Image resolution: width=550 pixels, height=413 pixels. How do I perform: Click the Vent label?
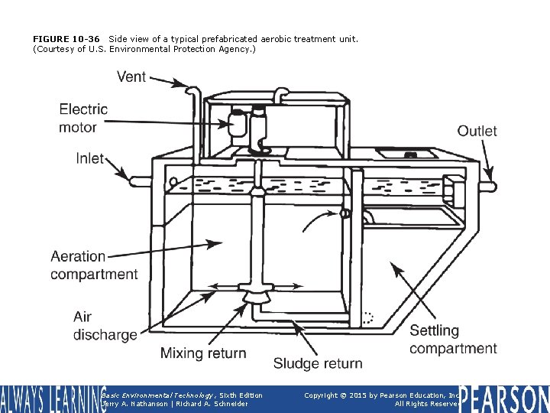tap(131, 76)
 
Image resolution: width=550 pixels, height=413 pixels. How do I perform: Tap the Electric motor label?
tap(83, 118)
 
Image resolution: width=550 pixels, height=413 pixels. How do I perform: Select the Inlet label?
tap(90, 158)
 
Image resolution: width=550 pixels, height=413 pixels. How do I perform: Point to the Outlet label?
tap(477, 131)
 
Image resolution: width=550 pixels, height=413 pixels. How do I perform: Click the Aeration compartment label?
tap(94, 265)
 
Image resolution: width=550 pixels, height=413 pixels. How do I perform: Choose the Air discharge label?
tap(105, 325)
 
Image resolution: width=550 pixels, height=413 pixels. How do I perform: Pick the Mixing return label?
tap(203, 353)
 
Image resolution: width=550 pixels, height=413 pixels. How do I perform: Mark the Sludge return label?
tap(318, 363)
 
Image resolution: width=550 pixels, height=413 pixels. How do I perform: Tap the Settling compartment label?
tap(453, 340)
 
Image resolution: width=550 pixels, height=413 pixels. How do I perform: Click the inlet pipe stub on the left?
tap(140, 182)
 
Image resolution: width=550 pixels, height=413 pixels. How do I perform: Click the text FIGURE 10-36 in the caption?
tap(67, 38)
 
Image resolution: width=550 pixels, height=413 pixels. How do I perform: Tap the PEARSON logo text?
tap(504, 399)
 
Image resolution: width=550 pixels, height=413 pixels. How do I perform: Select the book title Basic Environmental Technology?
tap(150, 395)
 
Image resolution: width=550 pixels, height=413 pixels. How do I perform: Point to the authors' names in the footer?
tap(174, 404)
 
